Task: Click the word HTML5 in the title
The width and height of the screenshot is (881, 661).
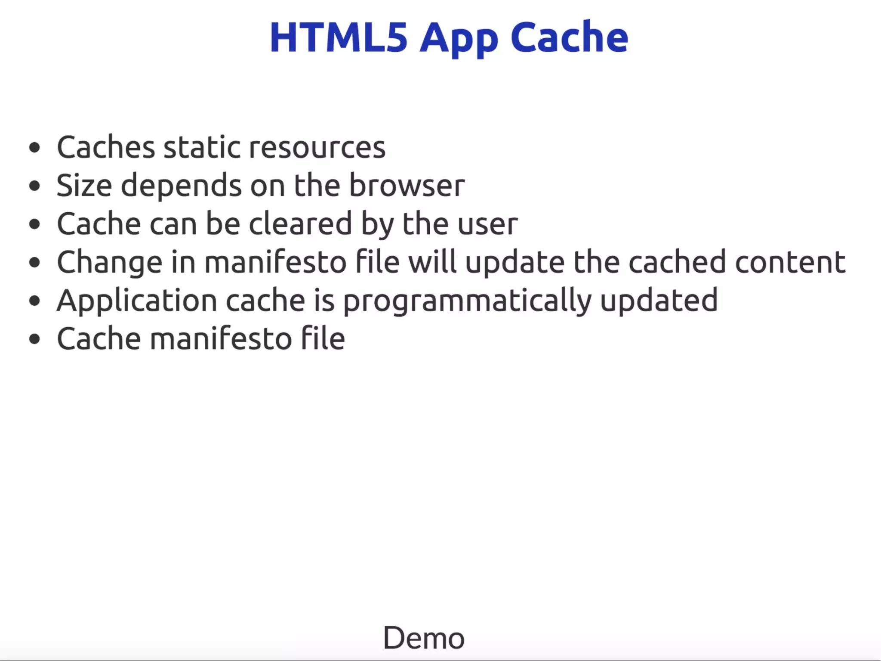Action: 338,38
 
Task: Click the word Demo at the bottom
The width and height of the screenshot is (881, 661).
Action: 424,638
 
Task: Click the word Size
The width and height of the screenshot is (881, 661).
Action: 84,186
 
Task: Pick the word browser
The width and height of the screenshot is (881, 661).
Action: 407,186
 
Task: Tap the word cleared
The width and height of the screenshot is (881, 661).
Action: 300,223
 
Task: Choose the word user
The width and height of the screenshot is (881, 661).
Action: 487,224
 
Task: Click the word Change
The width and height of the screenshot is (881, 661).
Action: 110,262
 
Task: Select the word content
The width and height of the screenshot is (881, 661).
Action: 790,262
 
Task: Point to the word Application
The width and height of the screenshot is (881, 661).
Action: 137,301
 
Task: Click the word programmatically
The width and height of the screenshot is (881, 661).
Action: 467,301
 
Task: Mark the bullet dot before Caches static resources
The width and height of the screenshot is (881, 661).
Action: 34,148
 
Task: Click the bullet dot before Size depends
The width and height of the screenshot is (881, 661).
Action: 34,186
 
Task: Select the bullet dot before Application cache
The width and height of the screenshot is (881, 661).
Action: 34,301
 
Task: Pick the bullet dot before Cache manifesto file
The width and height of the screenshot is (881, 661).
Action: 34,338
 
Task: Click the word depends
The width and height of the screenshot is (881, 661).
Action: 181,186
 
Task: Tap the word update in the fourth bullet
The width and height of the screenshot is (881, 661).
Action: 515,262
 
